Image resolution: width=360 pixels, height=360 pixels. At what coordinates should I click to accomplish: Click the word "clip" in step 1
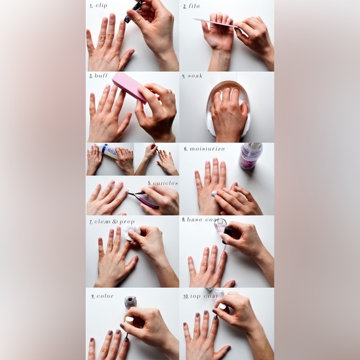pyautogui.click(x=102, y=6)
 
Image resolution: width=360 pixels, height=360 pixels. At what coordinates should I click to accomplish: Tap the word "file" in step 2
pyautogui.click(x=194, y=6)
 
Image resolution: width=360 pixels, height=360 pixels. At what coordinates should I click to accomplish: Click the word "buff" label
pyautogui.click(x=101, y=76)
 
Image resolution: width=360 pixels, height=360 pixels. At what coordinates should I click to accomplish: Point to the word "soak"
pyautogui.click(x=194, y=76)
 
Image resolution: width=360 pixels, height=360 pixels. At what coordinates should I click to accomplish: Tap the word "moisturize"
pyautogui.click(x=207, y=149)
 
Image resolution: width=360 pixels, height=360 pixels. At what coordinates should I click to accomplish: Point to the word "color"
pyautogui.click(x=105, y=296)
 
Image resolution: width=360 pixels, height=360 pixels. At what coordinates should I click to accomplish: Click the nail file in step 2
pyautogui.click(x=215, y=24)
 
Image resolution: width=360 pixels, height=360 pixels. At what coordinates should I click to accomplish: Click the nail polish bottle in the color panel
pyautogui.click(x=130, y=303)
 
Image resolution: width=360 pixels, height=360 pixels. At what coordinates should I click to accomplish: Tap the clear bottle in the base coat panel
pyautogui.click(x=220, y=225)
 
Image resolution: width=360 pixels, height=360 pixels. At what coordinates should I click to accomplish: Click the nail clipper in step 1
pyautogui.click(x=133, y=11)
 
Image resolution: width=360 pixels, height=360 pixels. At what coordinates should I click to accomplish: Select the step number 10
pyautogui.click(x=186, y=296)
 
